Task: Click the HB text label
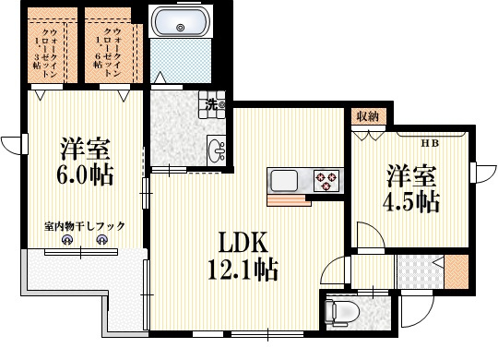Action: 430,142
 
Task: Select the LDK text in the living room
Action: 242,241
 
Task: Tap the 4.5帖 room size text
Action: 411,201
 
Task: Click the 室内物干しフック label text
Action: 84,225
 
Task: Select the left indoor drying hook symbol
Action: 68,241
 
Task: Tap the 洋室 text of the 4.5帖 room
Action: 411,174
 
